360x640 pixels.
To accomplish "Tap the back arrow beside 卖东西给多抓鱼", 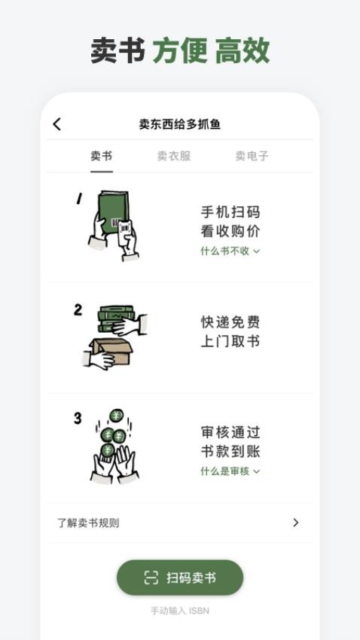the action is [56, 124].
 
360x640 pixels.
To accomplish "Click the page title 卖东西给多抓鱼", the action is [179, 124].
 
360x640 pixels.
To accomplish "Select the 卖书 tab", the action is [101, 156].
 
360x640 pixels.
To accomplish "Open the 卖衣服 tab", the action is [174, 156].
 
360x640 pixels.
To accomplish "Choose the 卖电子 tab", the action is [252, 156].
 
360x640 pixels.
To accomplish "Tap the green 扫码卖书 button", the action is [180, 578].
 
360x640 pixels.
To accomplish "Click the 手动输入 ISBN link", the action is [180, 611].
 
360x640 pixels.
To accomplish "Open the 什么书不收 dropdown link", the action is [230, 251].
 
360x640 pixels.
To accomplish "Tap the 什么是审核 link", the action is [230, 471].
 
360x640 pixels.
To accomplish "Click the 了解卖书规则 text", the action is [88, 523].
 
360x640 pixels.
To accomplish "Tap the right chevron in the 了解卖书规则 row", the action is [296, 523].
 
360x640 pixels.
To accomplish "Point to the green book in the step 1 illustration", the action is [113, 215].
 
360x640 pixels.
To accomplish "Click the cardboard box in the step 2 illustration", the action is [111, 352].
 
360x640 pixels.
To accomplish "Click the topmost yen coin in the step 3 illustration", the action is [116, 416].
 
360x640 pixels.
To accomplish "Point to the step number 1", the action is [79, 199].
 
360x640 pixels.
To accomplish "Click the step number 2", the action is [78, 310].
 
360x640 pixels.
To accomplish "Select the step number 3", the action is [78, 419].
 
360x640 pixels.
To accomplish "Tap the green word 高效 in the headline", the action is [243, 50].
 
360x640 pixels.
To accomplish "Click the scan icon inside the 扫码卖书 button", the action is [151, 578].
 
